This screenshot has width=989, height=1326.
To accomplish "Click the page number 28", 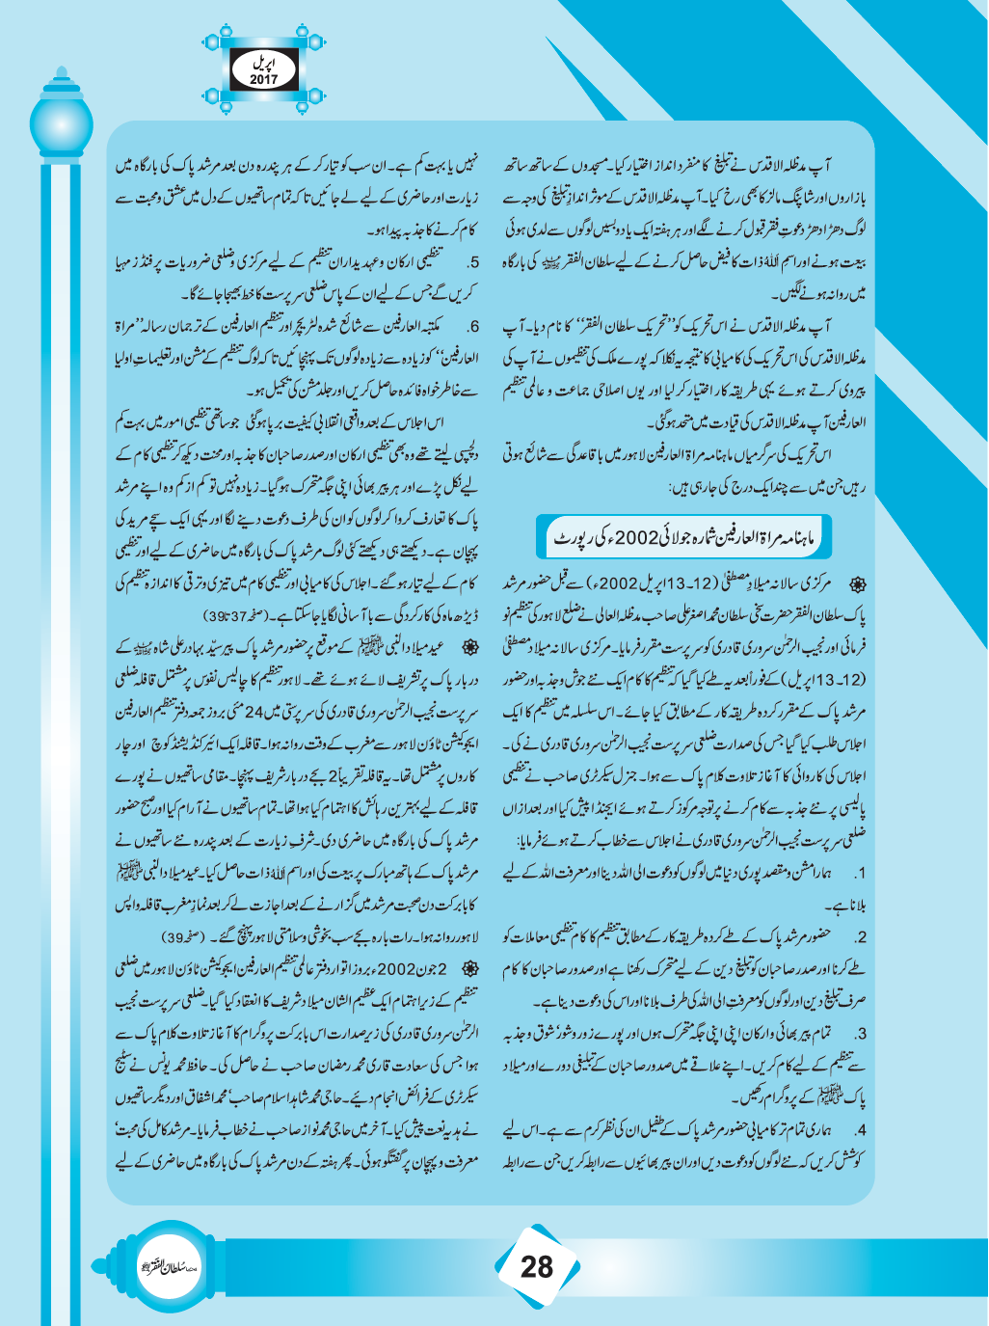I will (536, 1265).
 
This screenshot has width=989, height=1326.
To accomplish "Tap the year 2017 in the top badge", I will (263, 79).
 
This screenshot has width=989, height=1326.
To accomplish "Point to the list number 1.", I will (861, 873).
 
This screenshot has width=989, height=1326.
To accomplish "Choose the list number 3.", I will (861, 1035).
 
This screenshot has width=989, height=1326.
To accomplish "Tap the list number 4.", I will (861, 1129).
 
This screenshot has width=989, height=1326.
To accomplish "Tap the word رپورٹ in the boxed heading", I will (571, 538).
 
